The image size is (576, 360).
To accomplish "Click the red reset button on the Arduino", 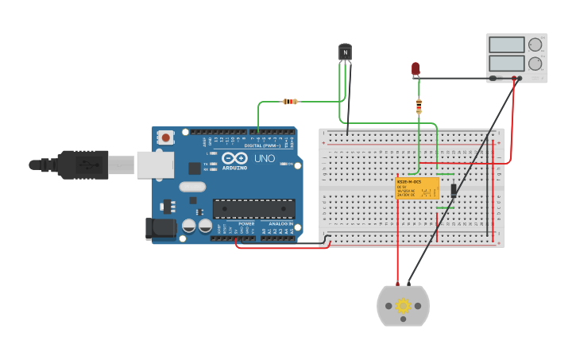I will click(165, 137).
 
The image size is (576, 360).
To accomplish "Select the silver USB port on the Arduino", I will click(155, 165).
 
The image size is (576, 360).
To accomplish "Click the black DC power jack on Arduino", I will click(161, 229).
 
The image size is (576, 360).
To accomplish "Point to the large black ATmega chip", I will click(253, 208).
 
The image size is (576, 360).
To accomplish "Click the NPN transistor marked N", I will click(345, 52).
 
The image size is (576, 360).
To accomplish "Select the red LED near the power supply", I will click(416, 69).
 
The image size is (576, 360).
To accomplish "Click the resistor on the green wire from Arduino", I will click(291, 102).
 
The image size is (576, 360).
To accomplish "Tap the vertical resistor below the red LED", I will click(419, 106).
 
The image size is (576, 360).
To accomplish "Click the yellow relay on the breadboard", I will click(417, 189).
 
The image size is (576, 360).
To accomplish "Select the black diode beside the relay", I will click(454, 190).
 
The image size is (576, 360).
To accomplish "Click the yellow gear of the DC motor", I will click(403, 306).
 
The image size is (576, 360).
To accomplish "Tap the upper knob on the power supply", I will click(535, 45).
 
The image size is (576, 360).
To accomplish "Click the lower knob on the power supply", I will click(535, 63).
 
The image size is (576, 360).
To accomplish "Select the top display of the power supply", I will click(506, 45).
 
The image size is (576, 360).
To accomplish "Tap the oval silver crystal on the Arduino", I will click(191, 187).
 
